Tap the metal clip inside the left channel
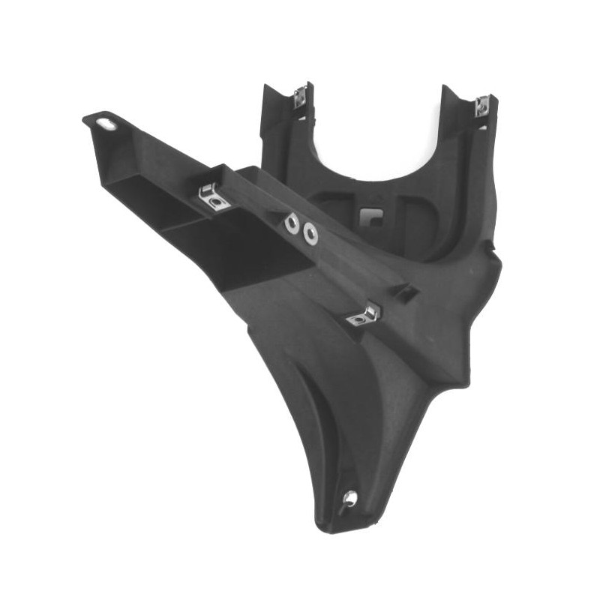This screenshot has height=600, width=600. (213, 196)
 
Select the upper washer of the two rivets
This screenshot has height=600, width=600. (292, 223)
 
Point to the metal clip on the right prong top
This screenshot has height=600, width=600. (481, 106)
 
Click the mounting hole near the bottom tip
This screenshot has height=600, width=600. (349, 497)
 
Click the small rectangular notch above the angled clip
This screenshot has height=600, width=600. (405, 292)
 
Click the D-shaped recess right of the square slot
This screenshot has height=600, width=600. (409, 214)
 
